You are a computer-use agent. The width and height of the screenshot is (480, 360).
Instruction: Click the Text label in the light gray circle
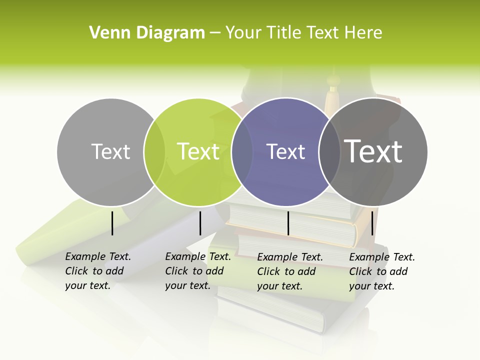pyautogui.click(x=110, y=151)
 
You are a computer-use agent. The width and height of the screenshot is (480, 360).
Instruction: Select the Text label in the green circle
pyautogui.click(x=198, y=151)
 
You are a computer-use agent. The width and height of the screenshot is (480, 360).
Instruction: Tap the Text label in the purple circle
pyautogui.click(x=285, y=151)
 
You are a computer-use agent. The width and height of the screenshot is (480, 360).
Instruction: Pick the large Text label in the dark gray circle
pyautogui.click(x=373, y=151)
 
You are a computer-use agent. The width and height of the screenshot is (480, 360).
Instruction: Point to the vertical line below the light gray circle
pyautogui.click(x=112, y=223)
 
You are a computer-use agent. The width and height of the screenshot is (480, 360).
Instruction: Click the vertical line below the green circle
pyautogui.click(x=200, y=223)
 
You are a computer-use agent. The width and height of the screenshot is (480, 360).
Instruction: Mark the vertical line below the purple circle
pyautogui.click(x=288, y=223)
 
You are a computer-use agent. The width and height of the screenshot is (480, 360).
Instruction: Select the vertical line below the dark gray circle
pyautogui.click(x=372, y=223)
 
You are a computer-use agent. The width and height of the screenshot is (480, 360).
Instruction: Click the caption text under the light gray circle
pyautogui.click(x=97, y=271)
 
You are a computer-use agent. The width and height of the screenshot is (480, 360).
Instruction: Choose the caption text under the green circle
pyautogui.click(x=197, y=271)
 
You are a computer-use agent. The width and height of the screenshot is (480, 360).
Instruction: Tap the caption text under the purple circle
pyautogui.click(x=289, y=271)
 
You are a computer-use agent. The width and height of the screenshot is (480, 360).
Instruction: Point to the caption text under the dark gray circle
pyautogui.click(x=381, y=271)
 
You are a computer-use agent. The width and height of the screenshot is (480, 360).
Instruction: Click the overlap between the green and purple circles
pyautogui.click(x=242, y=151)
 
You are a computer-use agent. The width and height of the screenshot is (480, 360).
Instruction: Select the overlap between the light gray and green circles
pyautogui.click(x=154, y=151)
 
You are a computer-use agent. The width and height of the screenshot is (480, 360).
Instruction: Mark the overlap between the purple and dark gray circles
pyautogui.click(x=329, y=151)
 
